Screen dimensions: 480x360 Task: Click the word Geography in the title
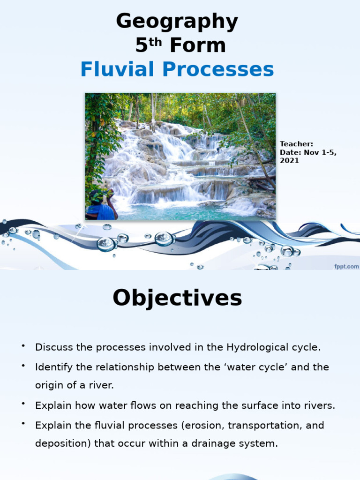(177, 22)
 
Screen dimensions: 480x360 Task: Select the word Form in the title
(197, 46)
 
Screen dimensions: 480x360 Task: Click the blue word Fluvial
(117, 70)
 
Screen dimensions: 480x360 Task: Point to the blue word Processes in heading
(218, 70)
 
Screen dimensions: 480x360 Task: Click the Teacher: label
(296, 144)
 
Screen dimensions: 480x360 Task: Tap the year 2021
(289, 161)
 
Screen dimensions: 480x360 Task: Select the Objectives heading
(177, 298)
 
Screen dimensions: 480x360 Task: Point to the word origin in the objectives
(48, 386)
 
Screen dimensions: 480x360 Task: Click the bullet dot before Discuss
(22, 346)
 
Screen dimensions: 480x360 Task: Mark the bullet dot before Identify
(22, 366)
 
